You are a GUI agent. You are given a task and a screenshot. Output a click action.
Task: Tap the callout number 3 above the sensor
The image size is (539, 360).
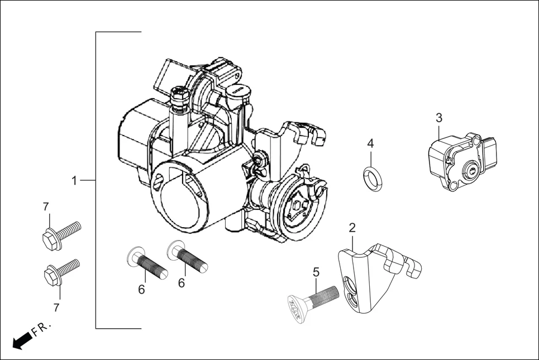439,118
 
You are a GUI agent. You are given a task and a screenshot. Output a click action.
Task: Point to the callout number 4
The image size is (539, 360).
370,143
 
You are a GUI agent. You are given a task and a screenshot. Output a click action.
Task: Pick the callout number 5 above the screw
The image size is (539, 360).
316,272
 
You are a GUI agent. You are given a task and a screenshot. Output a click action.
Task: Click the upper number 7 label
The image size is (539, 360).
46,207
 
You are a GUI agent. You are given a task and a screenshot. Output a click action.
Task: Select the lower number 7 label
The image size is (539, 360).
56,307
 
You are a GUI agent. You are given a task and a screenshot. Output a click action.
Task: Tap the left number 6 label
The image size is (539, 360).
141,289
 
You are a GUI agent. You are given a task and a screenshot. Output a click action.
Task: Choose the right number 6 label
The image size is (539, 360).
182,283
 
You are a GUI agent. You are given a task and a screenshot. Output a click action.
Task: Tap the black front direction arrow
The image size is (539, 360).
21,339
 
